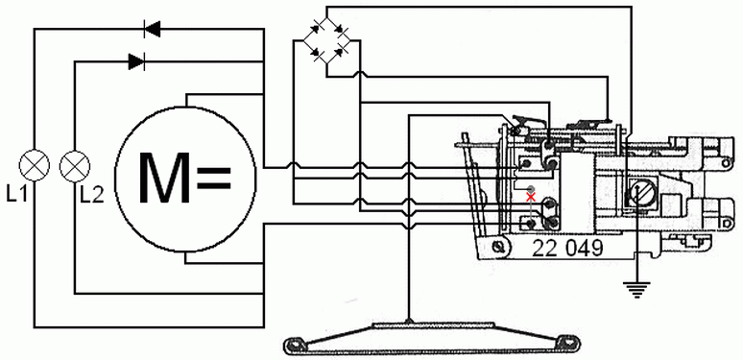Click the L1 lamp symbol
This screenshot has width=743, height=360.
point(36,165)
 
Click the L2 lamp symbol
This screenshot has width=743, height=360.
point(75,165)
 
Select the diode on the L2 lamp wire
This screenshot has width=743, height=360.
point(136,61)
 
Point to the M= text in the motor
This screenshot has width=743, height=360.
point(184,177)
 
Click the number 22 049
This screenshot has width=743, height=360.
point(567,249)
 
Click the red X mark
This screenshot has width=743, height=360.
point(530,196)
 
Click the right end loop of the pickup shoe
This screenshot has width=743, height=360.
point(566,341)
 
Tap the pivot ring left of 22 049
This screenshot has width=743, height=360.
point(497,248)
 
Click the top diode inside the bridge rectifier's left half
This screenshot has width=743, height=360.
point(314,28)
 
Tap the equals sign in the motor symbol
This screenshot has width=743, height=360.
point(213,178)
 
